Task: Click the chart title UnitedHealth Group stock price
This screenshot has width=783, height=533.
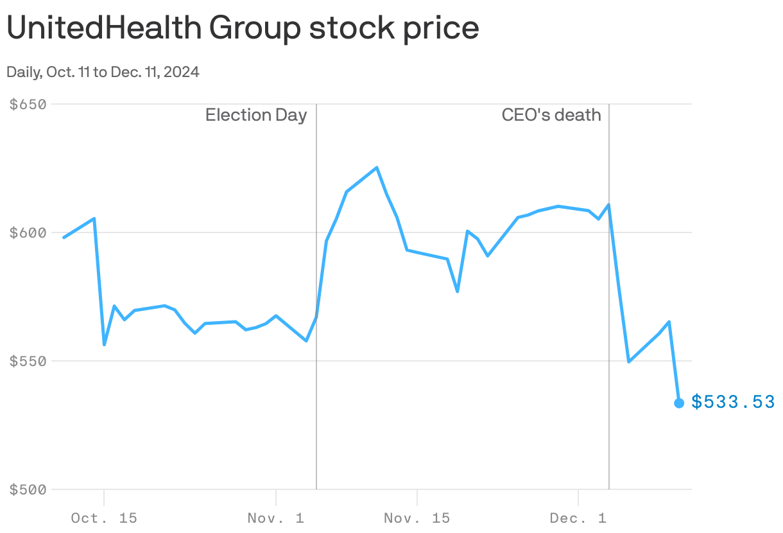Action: tap(243, 28)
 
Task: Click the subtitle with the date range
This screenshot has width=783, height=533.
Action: tap(103, 72)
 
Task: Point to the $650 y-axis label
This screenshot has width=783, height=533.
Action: tap(29, 104)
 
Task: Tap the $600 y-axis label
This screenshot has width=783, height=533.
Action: tap(29, 232)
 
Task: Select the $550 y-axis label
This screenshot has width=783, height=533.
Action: tap(29, 361)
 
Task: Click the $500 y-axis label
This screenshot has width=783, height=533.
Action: tap(29, 489)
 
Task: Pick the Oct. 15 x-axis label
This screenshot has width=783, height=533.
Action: tap(104, 518)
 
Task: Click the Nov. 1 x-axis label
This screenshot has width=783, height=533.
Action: tap(276, 518)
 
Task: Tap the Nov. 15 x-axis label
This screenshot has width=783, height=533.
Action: tap(417, 518)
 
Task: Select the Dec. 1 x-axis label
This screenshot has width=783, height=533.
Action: tap(578, 518)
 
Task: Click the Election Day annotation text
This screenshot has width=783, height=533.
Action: tap(256, 116)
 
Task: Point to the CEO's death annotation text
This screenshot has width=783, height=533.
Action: tap(551, 116)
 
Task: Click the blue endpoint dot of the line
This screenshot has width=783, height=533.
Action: tap(679, 403)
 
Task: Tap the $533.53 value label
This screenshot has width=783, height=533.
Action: tap(733, 402)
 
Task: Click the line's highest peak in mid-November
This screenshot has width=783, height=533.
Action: tap(377, 168)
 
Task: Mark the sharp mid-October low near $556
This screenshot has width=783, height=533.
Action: tap(104, 345)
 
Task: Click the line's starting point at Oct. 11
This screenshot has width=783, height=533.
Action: tap(64, 238)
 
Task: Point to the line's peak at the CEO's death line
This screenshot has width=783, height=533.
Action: tap(608, 205)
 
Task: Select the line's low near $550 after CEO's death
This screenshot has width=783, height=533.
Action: tap(629, 362)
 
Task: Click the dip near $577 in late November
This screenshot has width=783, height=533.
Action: tap(458, 292)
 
